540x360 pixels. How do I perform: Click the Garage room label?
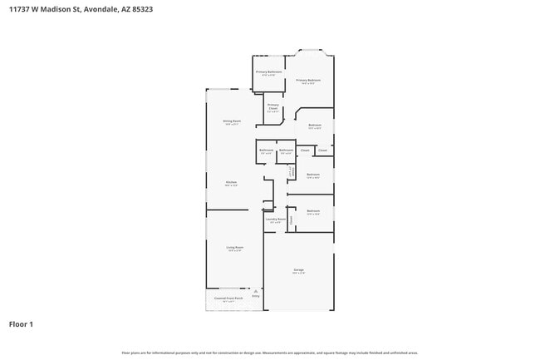pos(298,271)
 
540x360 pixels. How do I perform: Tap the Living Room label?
pos(235,248)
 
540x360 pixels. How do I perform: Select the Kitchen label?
pos(232,182)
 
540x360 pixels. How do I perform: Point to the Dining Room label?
pos(232,121)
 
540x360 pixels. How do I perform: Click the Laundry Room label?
pos(276,219)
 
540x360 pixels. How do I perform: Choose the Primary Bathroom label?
pos(268,72)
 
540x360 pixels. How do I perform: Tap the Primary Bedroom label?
pos(308,81)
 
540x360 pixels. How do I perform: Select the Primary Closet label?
pos(272,106)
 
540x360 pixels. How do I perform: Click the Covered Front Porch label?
pos(228,298)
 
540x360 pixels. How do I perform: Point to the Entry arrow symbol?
pos(257,290)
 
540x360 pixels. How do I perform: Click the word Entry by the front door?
pos(256,297)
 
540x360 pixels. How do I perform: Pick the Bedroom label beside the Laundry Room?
pos(312,211)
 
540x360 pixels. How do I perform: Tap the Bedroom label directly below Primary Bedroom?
pos(315,126)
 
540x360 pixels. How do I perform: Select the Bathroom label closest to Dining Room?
pos(266,150)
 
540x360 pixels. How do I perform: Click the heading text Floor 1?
pos(22,323)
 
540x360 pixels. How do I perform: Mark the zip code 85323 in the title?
pos(140,10)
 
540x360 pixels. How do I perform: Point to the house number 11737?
pos(19,10)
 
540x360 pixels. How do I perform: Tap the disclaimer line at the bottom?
pos(270,353)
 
